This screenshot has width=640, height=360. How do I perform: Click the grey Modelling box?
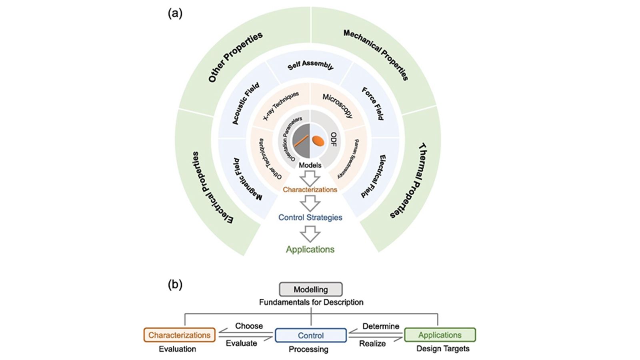coord(310,289)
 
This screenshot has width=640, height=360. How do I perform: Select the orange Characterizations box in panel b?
coord(179,335)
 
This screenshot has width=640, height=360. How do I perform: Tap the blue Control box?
coord(310,335)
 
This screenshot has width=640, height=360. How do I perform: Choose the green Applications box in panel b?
coord(440,335)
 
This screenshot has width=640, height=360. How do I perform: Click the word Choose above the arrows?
coord(249,326)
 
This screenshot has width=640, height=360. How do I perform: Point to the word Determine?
coord(380,326)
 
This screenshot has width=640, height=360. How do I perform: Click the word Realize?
coord(372,343)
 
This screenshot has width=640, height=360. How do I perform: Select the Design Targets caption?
coord(443,348)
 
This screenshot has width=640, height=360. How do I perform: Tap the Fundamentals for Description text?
coord(311,302)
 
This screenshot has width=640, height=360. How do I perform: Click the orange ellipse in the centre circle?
coord(318,141)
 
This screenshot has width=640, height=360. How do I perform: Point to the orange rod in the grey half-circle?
coord(301,141)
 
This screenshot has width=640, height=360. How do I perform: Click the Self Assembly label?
coord(310,65)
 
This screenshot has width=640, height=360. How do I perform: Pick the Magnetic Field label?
coord(248,179)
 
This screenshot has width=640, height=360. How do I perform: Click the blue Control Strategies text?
coord(310,217)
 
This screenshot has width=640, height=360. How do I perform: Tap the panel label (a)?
coord(175,13)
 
